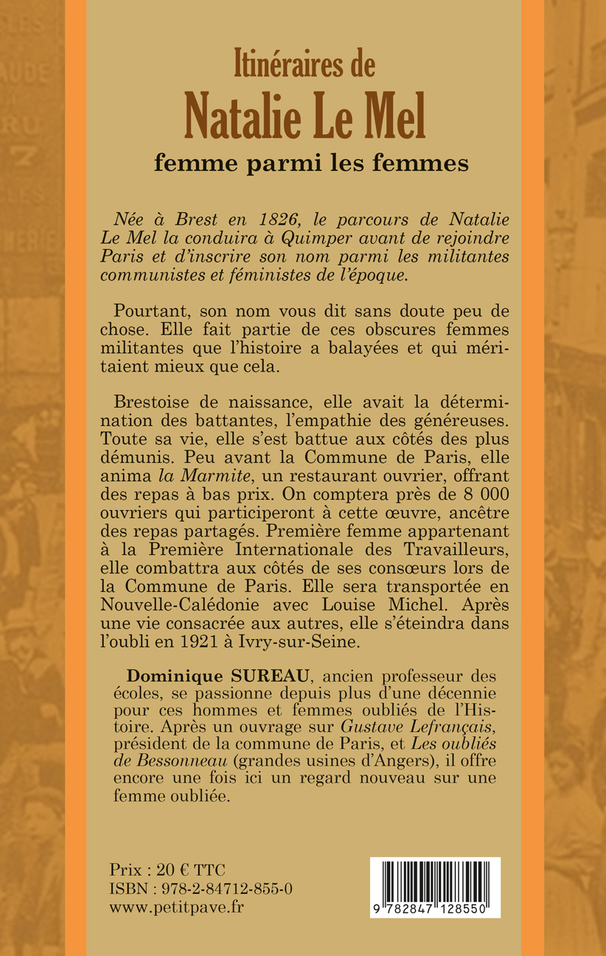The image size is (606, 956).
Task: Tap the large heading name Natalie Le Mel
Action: pos(304,118)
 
